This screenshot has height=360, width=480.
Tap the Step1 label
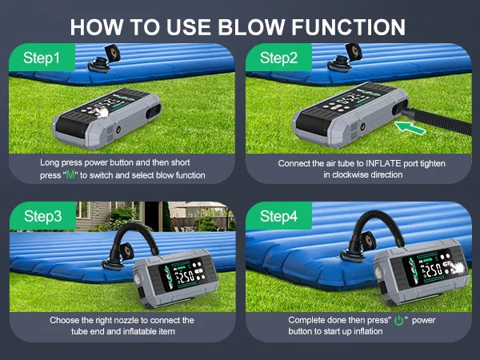coord(42,58)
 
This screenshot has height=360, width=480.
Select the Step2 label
coord(278,58)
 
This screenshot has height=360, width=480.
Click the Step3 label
coord(42,215)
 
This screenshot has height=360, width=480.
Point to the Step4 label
coord(279,215)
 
